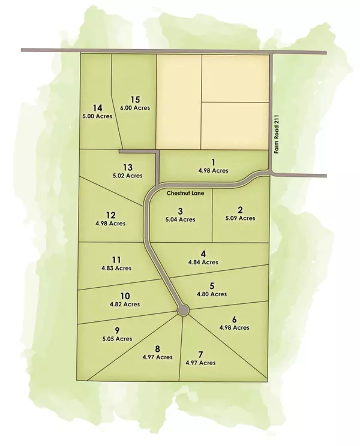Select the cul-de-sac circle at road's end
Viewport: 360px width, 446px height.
183,309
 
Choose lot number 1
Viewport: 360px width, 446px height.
214,162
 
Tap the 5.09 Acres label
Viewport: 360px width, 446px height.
240,218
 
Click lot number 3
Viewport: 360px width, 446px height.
180,211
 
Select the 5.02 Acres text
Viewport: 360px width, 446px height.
127,176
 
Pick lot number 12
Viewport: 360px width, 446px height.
110,215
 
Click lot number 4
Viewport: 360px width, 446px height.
204,253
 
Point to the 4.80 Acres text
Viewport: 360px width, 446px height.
212,294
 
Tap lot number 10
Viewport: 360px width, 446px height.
125,296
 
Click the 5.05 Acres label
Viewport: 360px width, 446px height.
116,339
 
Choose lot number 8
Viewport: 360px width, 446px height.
157,348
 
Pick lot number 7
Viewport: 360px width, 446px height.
200,354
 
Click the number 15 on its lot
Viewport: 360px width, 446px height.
135,100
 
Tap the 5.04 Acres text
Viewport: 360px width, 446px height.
180,220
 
